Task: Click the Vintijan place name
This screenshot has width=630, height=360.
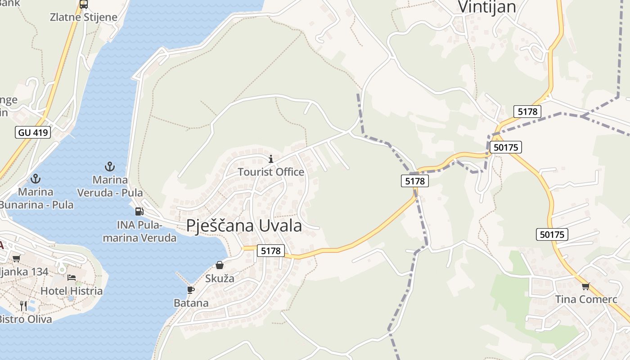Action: pyautogui.click(x=487, y=7)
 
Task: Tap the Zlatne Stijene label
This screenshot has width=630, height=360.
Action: pyautogui.click(x=84, y=18)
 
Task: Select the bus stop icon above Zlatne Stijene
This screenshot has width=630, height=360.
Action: pyautogui.click(x=84, y=4)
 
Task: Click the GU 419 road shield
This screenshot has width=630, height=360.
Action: pyautogui.click(x=33, y=132)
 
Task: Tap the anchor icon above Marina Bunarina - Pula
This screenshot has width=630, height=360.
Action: pyautogui.click(x=36, y=179)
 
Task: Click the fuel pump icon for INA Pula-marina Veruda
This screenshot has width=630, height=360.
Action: pyautogui.click(x=139, y=211)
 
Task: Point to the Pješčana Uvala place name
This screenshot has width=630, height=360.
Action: pyautogui.click(x=244, y=225)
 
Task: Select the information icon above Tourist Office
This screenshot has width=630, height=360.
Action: pyautogui.click(x=271, y=159)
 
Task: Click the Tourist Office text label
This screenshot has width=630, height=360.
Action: pyautogui.click(x=271, y=172)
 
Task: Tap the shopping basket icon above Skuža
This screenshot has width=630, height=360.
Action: pyautogui.click(x=220, y=265)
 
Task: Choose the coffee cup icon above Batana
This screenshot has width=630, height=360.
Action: pyautogui.click(x=191, y=290)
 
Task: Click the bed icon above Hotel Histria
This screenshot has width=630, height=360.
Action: pyautogui.click(x=72, y=278)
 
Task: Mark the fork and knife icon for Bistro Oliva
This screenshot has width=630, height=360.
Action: pyautogui.click(x=23, y=306)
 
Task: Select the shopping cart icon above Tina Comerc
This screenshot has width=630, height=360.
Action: pyautogui.click(x=585, y=286)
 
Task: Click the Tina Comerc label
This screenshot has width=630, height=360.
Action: pyautogui.click(x=585, y=299)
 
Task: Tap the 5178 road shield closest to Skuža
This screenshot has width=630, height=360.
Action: pyautogui.click(x=271, y=251)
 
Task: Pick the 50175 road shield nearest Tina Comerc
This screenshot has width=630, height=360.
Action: pyautogui.click(x=552, y=234)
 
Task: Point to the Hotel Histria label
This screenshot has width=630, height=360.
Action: pyautogui.click(x=72, y=291)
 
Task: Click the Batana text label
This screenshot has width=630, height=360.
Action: pyautogui.click(x=191, y=303)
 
